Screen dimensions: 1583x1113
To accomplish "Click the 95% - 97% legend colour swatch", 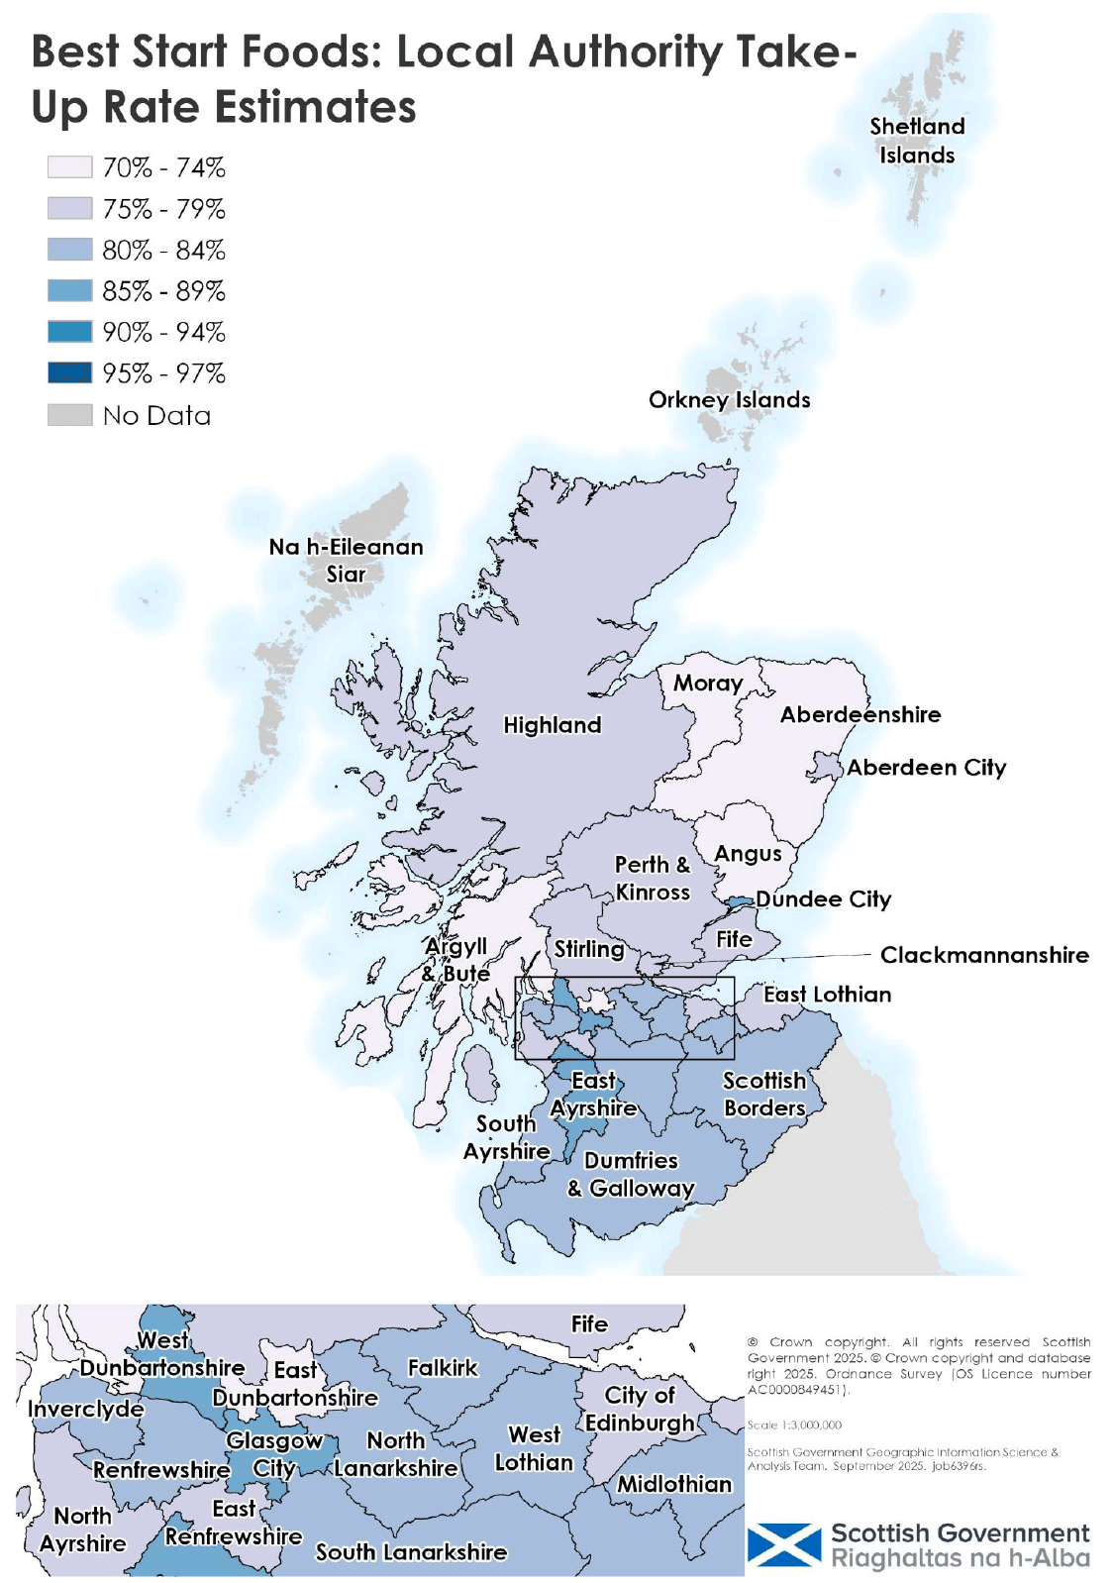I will click(69, 372).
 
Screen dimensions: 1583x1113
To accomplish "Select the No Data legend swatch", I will click(69, 414).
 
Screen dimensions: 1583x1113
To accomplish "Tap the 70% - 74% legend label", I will click(163, 167).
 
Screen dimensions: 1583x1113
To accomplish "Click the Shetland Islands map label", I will click(917, 141).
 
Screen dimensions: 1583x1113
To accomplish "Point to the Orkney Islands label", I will click(729, 399).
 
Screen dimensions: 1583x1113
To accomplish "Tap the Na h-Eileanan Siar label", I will click(346, 560).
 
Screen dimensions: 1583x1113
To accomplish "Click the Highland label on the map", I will click(552, 725).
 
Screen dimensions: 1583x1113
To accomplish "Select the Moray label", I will click(707, 683).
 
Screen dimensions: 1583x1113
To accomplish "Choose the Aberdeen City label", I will click(926, 767).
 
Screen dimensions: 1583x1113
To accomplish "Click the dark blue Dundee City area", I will click(740, 902).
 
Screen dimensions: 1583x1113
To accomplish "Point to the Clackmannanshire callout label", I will click(984, 955).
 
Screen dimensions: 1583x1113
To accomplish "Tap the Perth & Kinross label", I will click(652, 878).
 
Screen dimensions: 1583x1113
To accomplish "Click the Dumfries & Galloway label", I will click(631, 1174).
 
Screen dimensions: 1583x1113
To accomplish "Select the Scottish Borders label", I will click(763, 1094).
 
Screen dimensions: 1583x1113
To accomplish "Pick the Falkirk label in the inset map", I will click(443, 1367).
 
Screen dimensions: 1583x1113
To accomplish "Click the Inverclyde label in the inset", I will click(86, 1409).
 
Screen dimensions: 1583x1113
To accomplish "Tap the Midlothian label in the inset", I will click(674, 1483).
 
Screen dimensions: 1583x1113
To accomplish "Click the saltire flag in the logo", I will click(783, 1545).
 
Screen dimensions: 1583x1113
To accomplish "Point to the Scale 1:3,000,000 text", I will click(794, 1425).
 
